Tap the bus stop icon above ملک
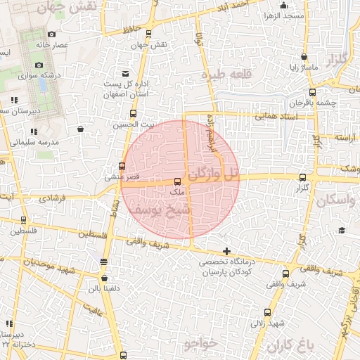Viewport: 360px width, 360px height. click(x=176, y=182)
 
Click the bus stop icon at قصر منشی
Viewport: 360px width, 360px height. click(x=122, y=167)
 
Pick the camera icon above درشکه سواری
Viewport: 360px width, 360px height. click(x=39, y=65)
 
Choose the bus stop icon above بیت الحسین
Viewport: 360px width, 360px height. click(x=133, y=113)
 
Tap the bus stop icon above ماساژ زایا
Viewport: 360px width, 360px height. click(x=303, y=57)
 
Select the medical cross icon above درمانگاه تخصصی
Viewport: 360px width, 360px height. click(x=226, y=251)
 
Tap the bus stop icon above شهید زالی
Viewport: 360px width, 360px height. click(x=267, y=312)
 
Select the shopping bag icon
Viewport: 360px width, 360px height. click(x=80, y=129)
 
